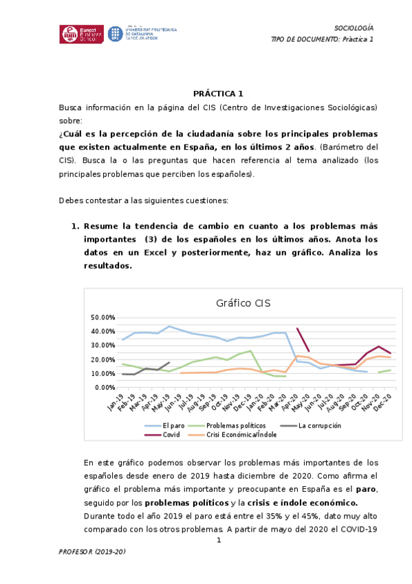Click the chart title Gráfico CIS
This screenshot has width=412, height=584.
[243, 303]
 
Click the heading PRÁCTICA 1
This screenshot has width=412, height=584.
[218, 94]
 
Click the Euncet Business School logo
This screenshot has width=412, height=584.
[82, 34]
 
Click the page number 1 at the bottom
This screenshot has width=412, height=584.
[219, 540]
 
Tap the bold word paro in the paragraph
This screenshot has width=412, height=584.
[367, 488]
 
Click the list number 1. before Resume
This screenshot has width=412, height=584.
[76, 226]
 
